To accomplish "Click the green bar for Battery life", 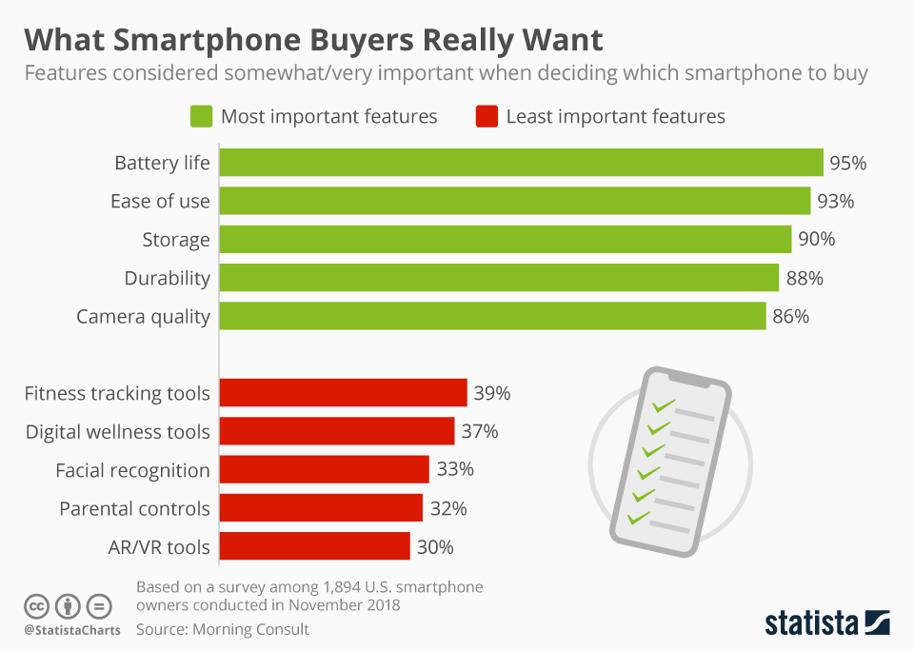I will coord(521,163).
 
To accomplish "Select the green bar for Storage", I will coord(506,239).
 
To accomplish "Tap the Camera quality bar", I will coord(492,316).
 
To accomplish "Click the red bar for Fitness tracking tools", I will coord(344,393).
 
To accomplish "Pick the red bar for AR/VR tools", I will coord(315,546).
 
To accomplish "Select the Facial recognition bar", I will coord(325,469).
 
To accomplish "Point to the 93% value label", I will coord(835,201).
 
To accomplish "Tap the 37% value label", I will coord(480,431).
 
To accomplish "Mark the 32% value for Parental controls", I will coord(448,508).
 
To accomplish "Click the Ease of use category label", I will coord(160,201).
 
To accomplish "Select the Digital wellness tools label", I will coord(117,431).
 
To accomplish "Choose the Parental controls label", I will coord(134,508).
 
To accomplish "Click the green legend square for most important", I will coord(200,117).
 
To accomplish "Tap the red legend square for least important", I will coord(486,117).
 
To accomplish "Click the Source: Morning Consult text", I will coord(223,629).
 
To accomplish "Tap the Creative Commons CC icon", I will coord(36,606).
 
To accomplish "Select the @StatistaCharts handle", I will coord(71,630).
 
